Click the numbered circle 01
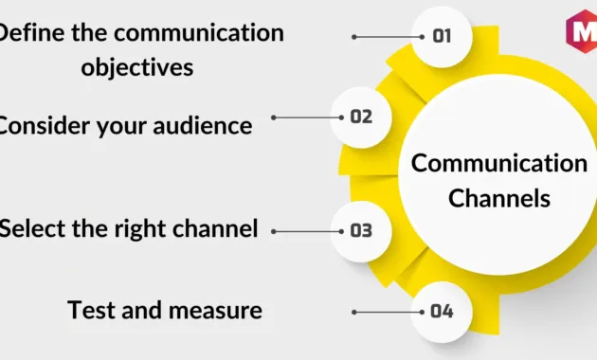(442, 37)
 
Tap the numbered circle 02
(362, 117)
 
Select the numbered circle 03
(361, 230)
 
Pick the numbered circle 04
(442, 311)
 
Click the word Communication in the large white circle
(498, 163)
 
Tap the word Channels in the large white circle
(498, 199)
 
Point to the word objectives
(137, 67)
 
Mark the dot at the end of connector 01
(354, 37)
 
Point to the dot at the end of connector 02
(274, 117)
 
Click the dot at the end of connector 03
(274, 230)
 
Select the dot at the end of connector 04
(354, 311)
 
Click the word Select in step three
(32, 228)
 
